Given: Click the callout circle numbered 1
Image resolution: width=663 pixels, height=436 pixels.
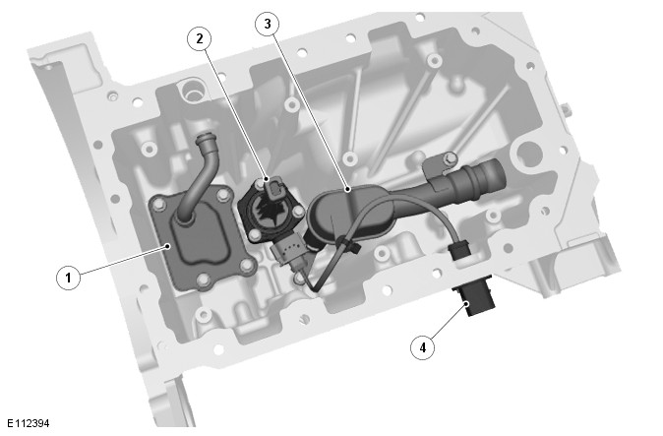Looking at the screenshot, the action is [68, 278].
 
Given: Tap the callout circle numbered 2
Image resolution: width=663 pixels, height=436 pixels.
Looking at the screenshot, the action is [199, 39].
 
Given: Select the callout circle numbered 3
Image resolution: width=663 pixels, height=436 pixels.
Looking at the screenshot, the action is [268, 24].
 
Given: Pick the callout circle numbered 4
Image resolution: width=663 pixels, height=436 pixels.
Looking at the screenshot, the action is [422, 347].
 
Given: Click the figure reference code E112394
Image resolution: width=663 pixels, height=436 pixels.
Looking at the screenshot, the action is [28, 423].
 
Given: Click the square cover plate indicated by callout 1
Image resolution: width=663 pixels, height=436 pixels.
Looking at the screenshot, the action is [202, 241].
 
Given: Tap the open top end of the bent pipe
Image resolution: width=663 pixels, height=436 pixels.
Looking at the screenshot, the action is [206, 139].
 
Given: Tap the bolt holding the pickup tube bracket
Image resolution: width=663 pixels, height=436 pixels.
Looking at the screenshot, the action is [451, 158].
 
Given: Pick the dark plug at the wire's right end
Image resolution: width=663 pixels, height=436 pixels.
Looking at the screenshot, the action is [460, 251].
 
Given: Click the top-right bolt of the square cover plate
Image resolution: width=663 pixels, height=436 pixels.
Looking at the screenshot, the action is [222, 195].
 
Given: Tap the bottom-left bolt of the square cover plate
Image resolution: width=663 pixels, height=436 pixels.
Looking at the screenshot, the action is [203, 280].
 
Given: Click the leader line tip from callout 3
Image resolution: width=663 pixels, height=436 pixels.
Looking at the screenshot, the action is [347, 189].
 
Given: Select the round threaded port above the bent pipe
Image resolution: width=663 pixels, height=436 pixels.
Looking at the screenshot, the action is [193, 90].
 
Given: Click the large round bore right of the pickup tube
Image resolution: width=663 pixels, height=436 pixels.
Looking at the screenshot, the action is [527, 154].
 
